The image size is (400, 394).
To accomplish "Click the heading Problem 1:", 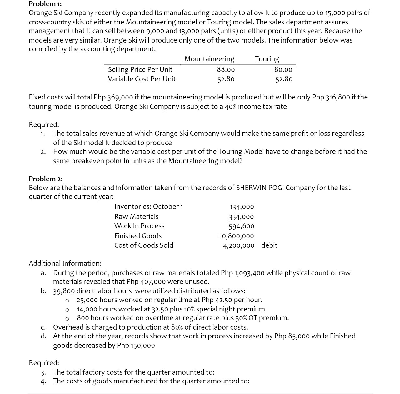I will [x=45, y=4].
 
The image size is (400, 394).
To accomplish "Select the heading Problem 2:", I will [x=46, y=179].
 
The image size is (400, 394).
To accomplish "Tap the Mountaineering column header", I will [x=209, y=59].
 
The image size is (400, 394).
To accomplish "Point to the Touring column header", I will [x=267, y=59].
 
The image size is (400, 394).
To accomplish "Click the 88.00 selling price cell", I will [x=226, y=69].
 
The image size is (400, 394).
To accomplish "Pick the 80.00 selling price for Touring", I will [x=283, y=69].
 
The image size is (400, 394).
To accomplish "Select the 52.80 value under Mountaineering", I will [x=226, y=79].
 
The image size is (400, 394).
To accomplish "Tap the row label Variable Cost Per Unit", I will [x=142, y=79].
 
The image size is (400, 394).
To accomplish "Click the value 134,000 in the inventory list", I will [x=242, y=207].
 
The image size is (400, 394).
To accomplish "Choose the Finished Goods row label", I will [x=138, y=236].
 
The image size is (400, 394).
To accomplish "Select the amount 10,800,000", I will [x=237, y=236].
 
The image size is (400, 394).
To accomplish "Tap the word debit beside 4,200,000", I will [x=269, y=245].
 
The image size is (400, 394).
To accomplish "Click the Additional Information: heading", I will [x=65, y=263].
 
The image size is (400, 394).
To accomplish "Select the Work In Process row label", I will [x=139, y=226].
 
